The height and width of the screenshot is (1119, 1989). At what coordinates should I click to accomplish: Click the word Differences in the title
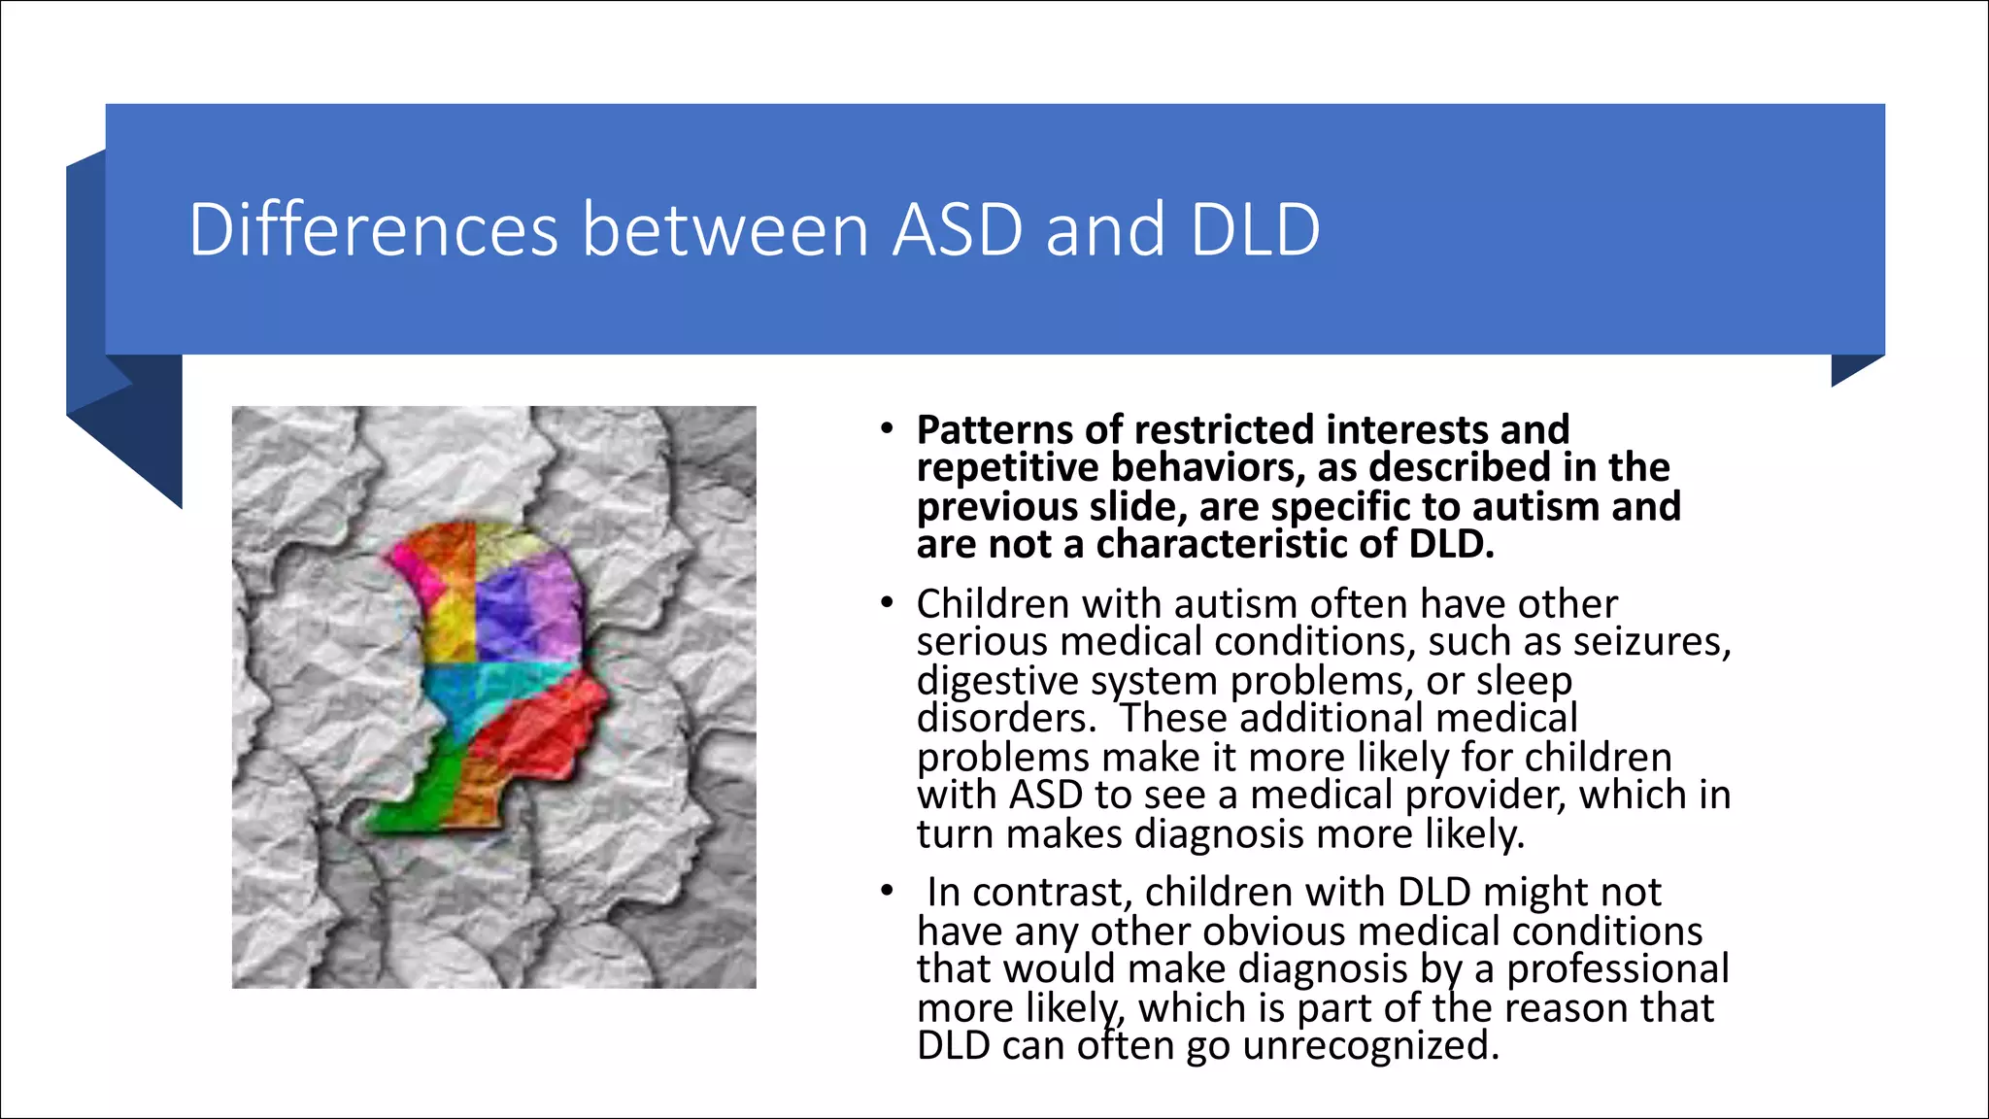point(374,230)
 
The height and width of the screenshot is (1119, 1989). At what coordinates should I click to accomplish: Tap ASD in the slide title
point(957,230)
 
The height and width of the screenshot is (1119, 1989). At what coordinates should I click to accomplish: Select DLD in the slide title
point(1255,230)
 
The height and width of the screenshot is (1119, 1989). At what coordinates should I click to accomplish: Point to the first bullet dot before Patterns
point(886,428)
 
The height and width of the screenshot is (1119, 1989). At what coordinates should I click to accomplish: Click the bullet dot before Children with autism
point(886,603)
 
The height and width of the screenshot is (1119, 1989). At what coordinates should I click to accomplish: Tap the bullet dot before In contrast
point(886,891)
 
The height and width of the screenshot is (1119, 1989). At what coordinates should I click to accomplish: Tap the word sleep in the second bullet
point(1524,681)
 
